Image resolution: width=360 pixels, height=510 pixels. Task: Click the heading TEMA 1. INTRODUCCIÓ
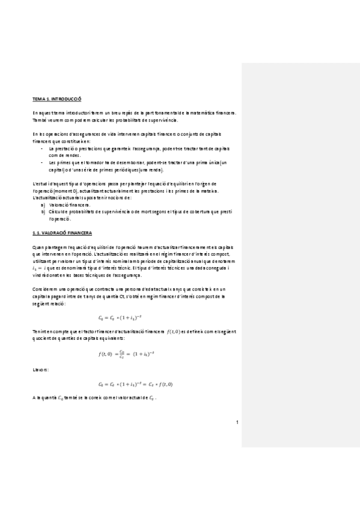56,98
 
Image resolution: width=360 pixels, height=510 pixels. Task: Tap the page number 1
237,422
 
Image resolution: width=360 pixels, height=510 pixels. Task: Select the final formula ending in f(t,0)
135,384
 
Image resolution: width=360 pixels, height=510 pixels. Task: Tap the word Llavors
40,369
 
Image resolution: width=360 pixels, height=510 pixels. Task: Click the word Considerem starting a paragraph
44,289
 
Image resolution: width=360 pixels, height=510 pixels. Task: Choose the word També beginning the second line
40,120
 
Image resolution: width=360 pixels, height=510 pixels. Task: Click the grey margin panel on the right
300,241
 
